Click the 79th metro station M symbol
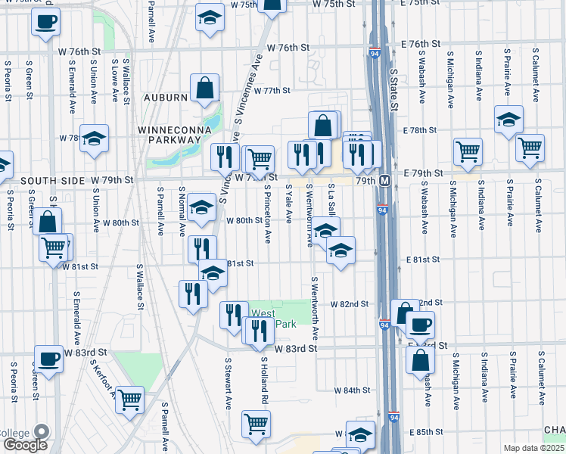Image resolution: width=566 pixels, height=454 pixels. tap(384, 181)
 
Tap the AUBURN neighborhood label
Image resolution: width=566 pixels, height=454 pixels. tap(162, 98)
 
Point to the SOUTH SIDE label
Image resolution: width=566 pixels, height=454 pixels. tap(51, 181)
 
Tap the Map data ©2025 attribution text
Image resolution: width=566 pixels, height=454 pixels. tap(533, 448)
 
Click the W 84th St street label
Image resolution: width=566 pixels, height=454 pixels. tap(352, 390)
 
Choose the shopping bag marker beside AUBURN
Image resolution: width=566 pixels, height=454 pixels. tap(204, 89)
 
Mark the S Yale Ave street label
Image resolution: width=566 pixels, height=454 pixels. tap(288, 205)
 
